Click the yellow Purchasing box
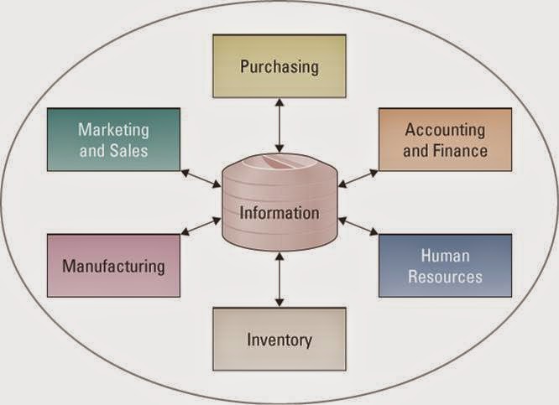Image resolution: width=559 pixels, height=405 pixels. [x=279, y=66]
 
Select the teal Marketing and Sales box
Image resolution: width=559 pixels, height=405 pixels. [x=113, y=140]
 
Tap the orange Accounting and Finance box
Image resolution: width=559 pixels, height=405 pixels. [x=445, y=140]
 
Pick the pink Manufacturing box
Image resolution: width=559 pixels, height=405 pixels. [x=113, y=266]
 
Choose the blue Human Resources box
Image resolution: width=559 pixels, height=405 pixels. [x=445, y=266]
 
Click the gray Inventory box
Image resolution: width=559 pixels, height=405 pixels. [x=279, y=340]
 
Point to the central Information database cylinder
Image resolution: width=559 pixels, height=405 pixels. [x=279, y=205]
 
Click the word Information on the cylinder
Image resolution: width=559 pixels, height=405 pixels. [x=279, y=213]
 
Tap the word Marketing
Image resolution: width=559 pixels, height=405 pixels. [x=113, y=130]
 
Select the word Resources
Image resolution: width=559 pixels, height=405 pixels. [x=445, y=276]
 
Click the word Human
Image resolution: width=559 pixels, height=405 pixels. [x=445, y=256]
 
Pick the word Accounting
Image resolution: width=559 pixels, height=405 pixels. [x=445, y=130]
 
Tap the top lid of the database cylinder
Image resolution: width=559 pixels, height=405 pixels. [x=279, y=165]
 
